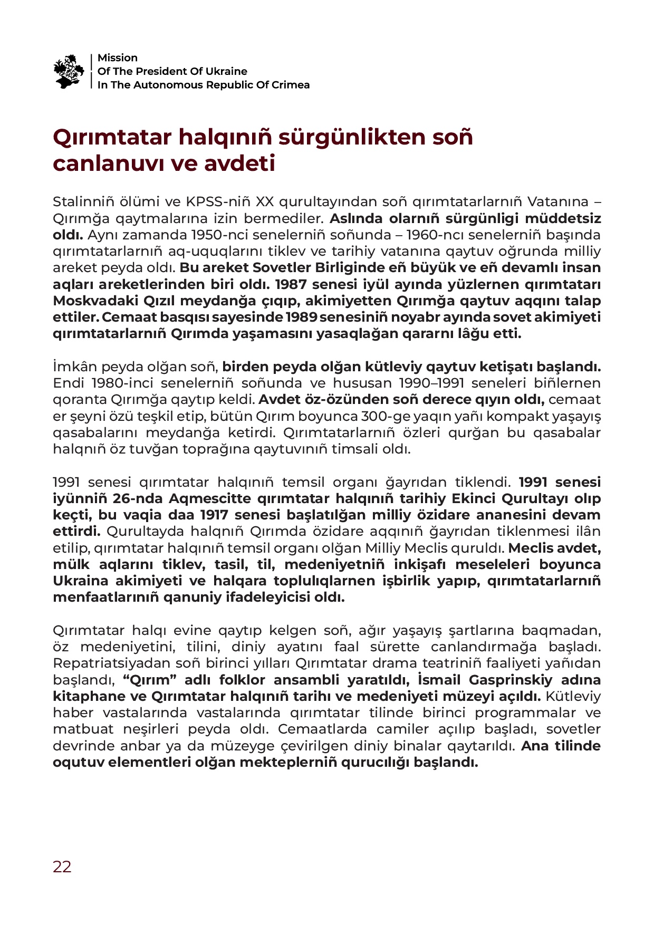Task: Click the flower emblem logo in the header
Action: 69,71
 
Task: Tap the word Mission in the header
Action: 117,58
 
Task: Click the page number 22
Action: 62,867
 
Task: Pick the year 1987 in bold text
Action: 291,284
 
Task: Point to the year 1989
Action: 301,317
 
